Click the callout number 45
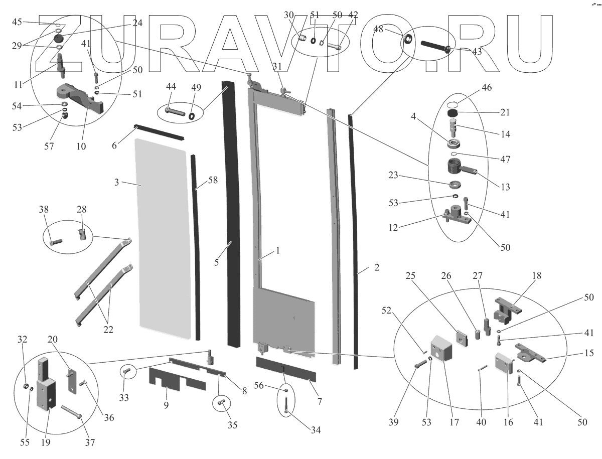click(x=17, y=22)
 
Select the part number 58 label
click(x=213, y=180)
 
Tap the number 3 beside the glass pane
click(x=116, y=183)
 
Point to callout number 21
click(x=505, y=112)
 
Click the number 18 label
click(x=537, y=276)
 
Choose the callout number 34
click(x=315, y=430)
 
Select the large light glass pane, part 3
click(x=163, y=236)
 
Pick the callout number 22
click(x=108, y=330)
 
